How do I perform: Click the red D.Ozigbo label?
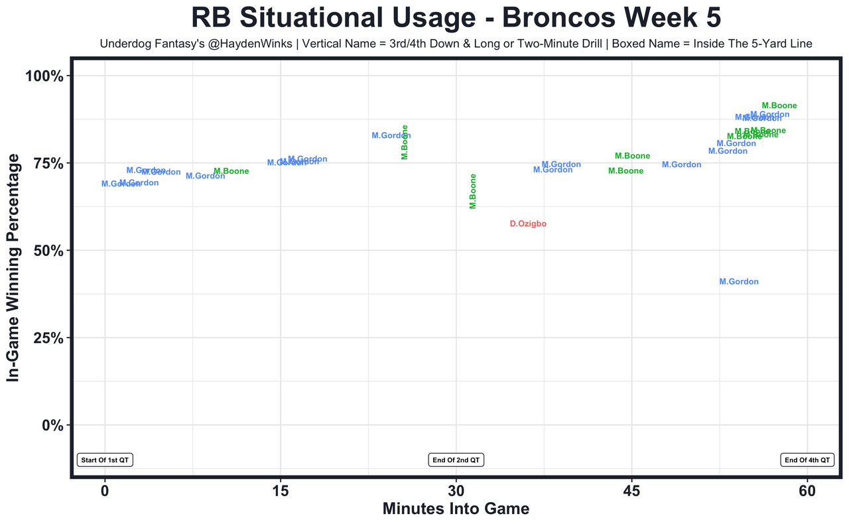click(528, 224)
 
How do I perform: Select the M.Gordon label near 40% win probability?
click(738, 282)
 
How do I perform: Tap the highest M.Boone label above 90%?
click(779, 106)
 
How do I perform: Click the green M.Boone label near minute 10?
click(231, 172)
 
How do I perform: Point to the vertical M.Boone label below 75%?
click(473, 191)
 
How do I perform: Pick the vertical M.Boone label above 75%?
click(405, 142)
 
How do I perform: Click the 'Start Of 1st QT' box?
click(105, 460)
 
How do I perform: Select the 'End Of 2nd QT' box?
click(456, 460)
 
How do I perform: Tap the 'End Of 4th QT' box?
click(807, 460)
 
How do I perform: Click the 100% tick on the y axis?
click(44, 76)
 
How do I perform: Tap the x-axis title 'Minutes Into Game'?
click(456, 509)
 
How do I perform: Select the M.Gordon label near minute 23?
click(391, 136)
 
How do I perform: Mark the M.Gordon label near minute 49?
click(681, 165)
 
